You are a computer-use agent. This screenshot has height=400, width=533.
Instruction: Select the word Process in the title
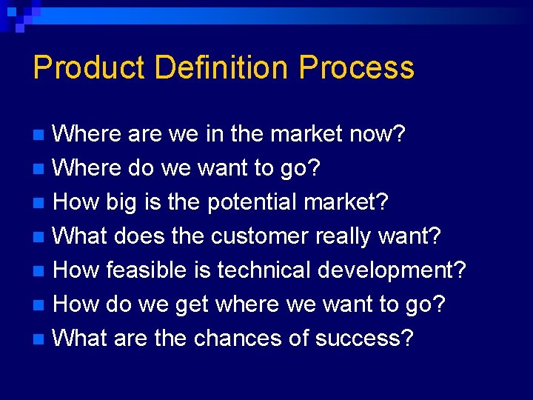356,68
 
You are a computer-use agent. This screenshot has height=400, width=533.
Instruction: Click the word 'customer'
260,236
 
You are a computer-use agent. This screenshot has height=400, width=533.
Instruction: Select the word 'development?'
392,270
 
